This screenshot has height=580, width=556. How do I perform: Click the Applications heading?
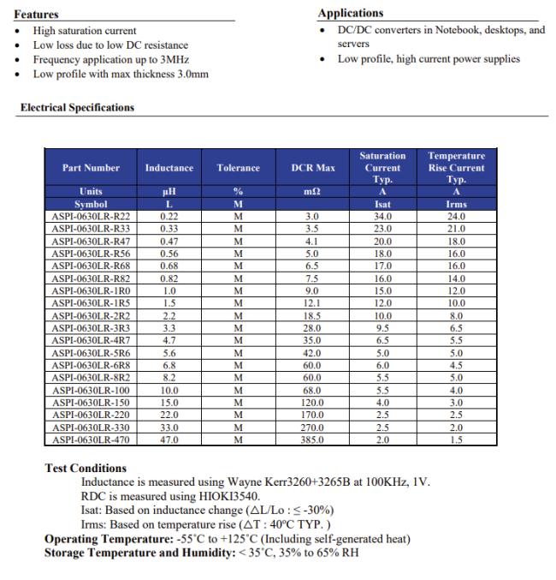pyautogui.click(x=351, y=13)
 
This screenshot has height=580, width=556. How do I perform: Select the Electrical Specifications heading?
pyautogui.click(x=77, y=107)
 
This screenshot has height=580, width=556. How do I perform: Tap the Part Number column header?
pyautogui.click(x=91, y=168)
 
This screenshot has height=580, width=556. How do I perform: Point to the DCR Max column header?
pyautogui.click(x=313, y=168)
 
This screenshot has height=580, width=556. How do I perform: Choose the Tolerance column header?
pyautogui.click(x=238, y=168)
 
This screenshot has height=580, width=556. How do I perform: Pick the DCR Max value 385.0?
pyautogui.click(x=313, y=440)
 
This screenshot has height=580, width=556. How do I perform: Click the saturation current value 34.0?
pyautogui.click(x=382, y=218)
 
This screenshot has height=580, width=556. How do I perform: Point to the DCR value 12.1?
pyautogui.click(x=313, y=304)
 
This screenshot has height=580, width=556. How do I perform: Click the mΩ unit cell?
pyautogui.click(x=313, y=193)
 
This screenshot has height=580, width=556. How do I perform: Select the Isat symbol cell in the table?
pyautogui.click(x=382, y=206)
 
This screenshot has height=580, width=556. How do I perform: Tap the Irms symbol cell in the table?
pyautogui.click(x=456, y=206)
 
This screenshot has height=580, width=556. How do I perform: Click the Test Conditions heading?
pyautogui.click(x=86, y=469)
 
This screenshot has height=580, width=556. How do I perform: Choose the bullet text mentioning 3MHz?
pyautogui.click(x=110, y=60)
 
